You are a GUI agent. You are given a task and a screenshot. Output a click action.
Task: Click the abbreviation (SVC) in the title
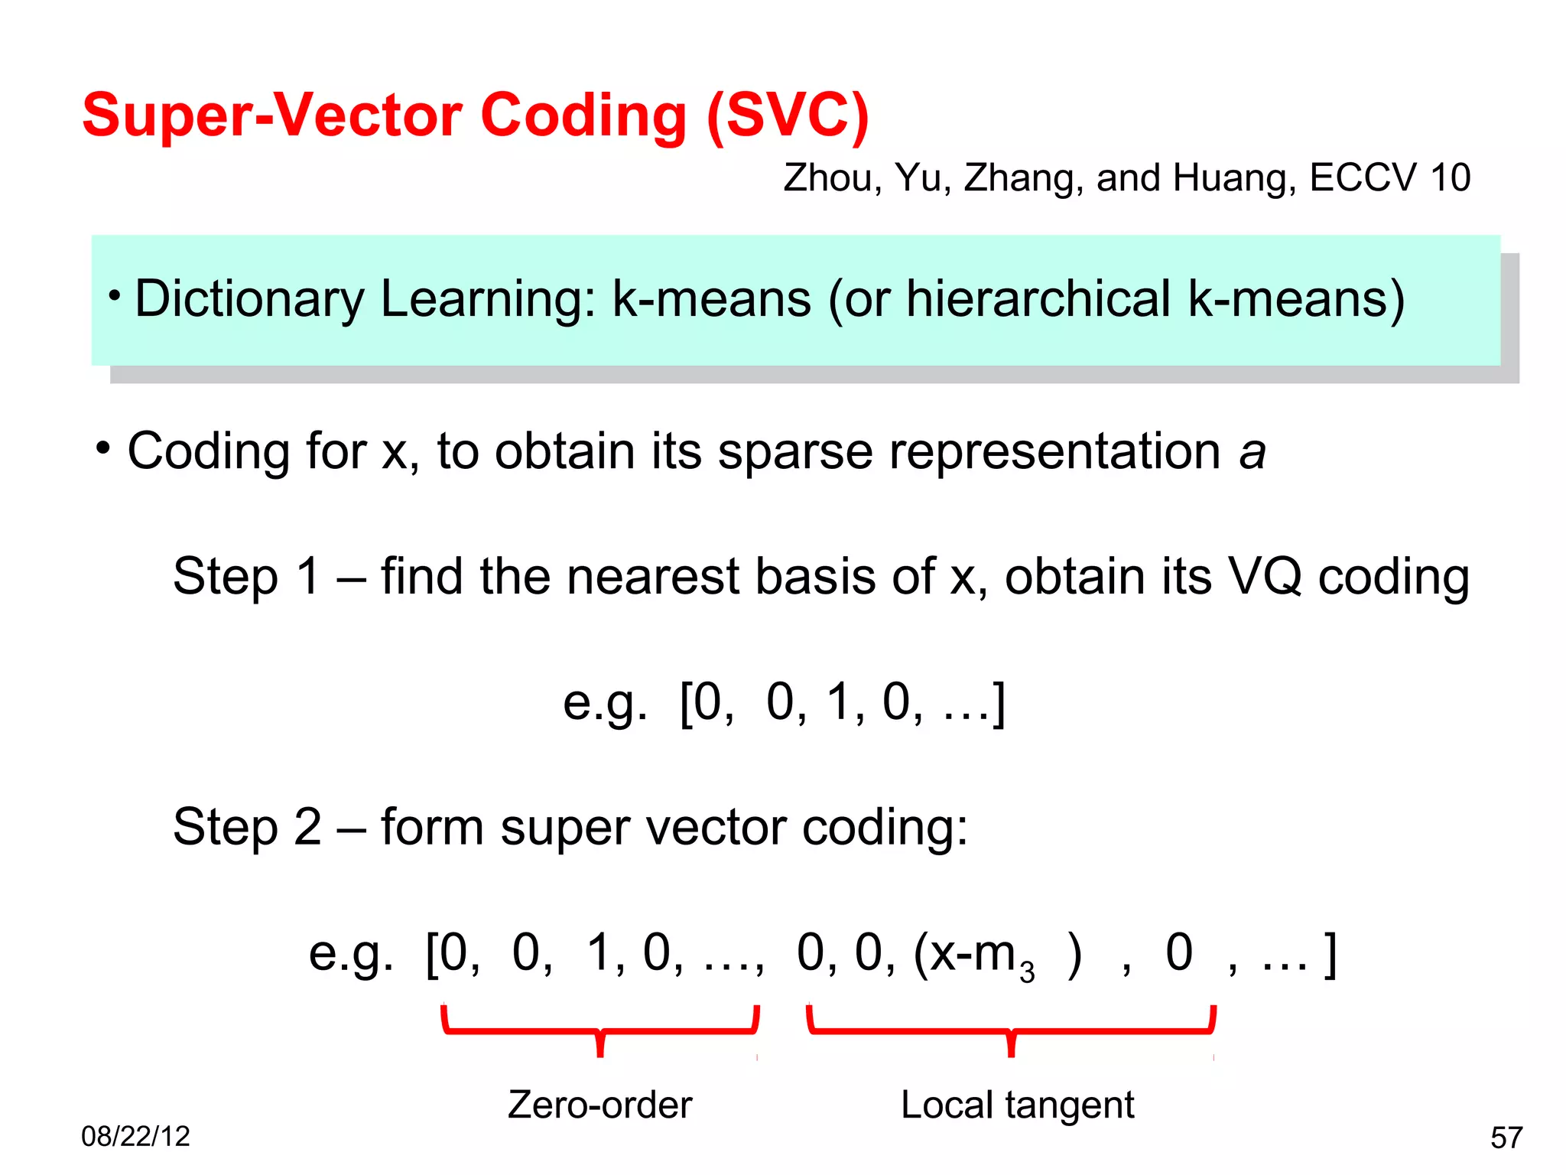(x=788, y=116)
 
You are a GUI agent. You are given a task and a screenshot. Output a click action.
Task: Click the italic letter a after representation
(x=1252, y=452)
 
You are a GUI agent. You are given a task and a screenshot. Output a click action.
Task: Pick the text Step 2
(x=247, y=827)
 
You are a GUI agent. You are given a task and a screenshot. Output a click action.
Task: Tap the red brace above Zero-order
(x=600, y=1030)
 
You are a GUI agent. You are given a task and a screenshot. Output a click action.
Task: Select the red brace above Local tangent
(x=1011, y=1030)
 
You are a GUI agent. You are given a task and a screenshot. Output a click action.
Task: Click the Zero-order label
(x=600, y=1105)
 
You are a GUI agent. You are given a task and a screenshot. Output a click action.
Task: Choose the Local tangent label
(x=1017, y=1105)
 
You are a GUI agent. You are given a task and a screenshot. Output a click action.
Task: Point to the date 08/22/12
(x=135, y=1137)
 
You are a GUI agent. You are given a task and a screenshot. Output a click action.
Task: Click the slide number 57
(x=1506, y=1138)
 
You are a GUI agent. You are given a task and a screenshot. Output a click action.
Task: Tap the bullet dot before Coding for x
(x=103, y=448)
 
